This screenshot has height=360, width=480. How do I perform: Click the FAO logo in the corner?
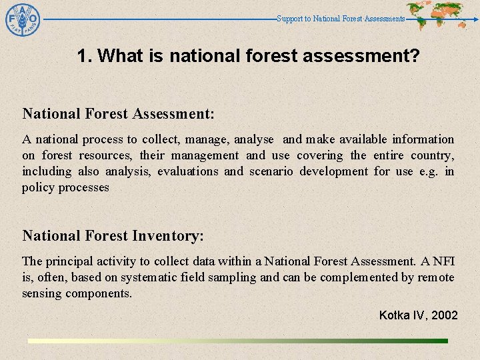click(x=23, y=21)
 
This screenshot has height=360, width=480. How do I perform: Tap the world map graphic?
click(x=436, y=13)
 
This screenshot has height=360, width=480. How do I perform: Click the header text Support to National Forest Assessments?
click(x=341, y=19)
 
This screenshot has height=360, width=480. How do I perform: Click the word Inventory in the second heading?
click(x=168, y=235)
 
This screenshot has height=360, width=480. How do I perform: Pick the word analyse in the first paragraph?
click(x=253, y=139)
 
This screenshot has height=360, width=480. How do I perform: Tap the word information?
click(x=423, y=139)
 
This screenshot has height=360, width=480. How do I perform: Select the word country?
click(x=433, y=155)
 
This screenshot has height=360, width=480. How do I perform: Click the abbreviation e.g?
click(x=429, y=171)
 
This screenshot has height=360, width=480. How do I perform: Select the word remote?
click(x=436, y=277)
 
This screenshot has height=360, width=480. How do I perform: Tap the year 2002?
click(x=445, y=315)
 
